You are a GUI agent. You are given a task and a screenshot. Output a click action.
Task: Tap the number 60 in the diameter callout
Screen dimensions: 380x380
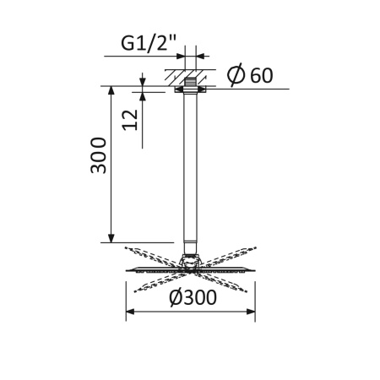pos(261,75)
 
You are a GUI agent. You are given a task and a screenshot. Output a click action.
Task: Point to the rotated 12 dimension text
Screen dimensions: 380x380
pos(128,118)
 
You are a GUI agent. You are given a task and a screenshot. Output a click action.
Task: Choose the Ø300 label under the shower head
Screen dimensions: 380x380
pos(192,296)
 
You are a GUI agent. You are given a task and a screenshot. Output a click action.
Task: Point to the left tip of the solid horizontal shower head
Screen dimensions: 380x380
pos(128,270)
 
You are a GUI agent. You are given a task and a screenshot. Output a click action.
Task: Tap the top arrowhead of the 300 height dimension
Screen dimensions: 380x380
pos(111,89)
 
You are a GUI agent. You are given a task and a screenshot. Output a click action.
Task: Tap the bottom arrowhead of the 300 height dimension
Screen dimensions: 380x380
pos(111,238)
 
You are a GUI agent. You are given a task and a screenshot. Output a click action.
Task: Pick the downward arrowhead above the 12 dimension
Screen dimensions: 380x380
pos(143,82)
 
